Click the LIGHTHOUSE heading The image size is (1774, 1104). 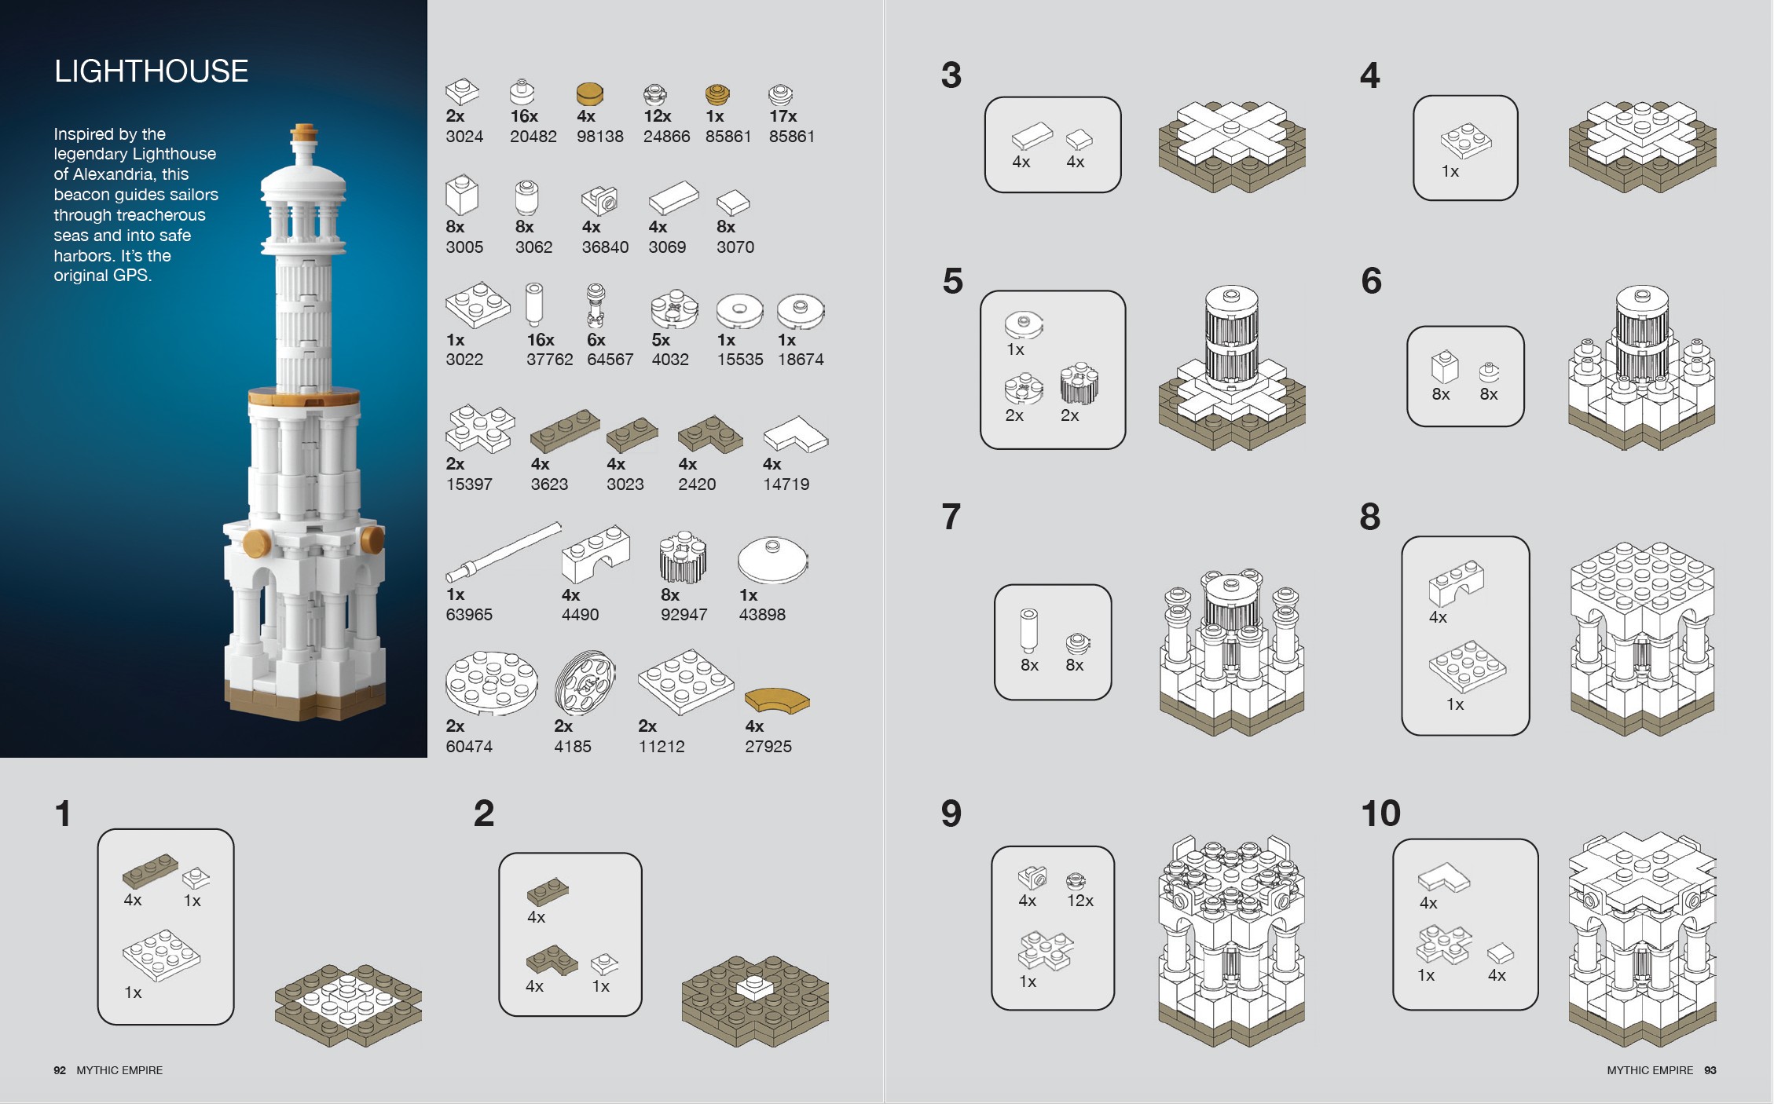tap(151, 71)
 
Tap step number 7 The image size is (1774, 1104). tap(951, 517)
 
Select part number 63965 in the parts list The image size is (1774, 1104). tap(469, 615)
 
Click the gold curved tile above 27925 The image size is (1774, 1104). tap(776, 699)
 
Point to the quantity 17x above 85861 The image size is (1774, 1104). tap(783, 116)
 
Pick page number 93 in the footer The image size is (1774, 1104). tap(1710, 1070)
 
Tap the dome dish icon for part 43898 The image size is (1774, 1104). tap(772, 559)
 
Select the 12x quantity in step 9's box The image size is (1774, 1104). tap(1079, 901)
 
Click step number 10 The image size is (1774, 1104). tap(1380, 813)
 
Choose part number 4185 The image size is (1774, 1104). tap(572, 747)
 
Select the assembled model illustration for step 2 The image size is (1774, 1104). tap(754, 1001)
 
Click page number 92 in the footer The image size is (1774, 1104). tap(60, 1070)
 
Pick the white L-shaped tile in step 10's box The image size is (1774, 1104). tap(1443, 878)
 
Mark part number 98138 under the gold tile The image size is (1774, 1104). tap(599, 137)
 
